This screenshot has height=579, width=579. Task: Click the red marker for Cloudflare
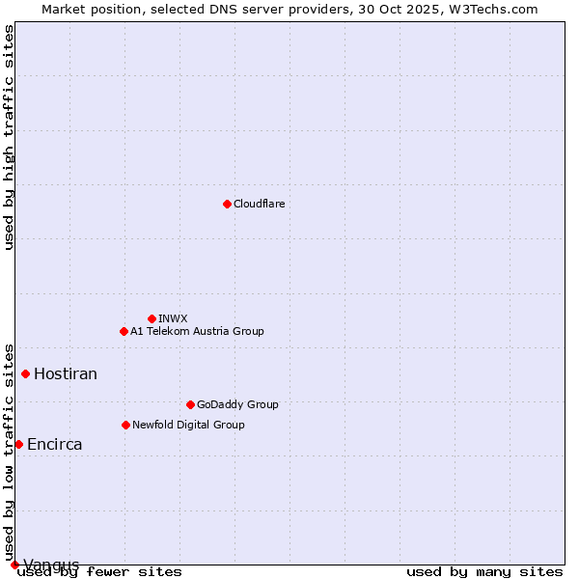coord(227,204)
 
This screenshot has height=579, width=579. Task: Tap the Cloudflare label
coord(259,204)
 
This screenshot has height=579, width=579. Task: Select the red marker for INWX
coord(152,318)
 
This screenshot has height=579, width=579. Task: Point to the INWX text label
coord(173,318)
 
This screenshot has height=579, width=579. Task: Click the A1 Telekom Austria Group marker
coord(124,331)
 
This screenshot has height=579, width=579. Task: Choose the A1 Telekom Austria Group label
coord(197,331)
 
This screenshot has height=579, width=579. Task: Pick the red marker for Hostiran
coord(26,373)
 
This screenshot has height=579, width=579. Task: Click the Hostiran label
coord(66,373)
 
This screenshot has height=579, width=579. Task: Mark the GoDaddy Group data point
coord(190,404)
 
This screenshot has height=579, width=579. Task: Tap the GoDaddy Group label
coord(237,404)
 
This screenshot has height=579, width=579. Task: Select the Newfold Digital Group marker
coord(125,425)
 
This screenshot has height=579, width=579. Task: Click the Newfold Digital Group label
coord(188,425)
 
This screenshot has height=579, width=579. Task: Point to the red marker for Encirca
coord(18,444)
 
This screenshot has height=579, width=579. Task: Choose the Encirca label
coord(54,445)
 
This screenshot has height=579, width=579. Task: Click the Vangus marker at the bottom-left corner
coord(14,565)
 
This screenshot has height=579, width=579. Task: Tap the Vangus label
coord(51,565)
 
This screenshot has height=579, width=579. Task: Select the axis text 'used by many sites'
coord(484,571)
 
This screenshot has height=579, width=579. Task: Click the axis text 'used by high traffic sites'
coord(9,137)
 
